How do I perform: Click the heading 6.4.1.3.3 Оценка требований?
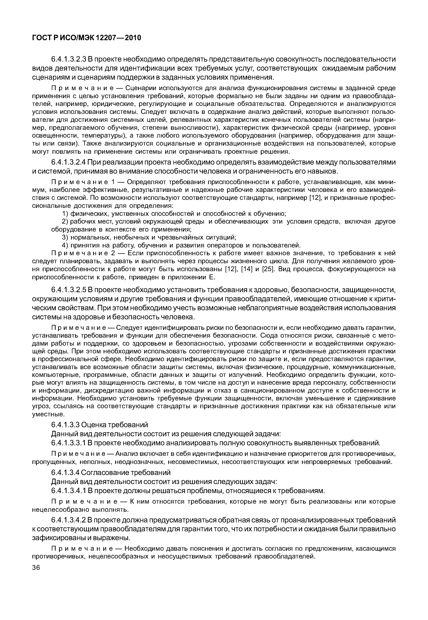tap(99, 425)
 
